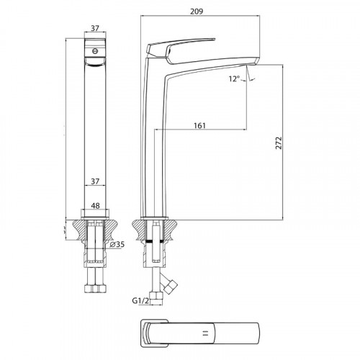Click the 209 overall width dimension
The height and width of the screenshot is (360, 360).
[x=197, y=12]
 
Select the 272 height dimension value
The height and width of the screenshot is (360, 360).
[x=279, y=143]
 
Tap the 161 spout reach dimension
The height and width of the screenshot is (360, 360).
[x=199, y=125]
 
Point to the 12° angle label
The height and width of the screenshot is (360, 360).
[x=234, y=78]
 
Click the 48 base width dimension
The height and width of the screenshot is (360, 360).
[x=95, y=206]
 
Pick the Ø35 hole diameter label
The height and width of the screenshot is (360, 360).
[x=117, y=245]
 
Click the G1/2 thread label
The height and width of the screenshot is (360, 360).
[x=140, y=301]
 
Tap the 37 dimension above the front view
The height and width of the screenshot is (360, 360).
[x=95, y=28]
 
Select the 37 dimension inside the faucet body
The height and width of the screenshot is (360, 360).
[x=95, y=181]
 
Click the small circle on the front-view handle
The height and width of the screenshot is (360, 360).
[x=95, y=51]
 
